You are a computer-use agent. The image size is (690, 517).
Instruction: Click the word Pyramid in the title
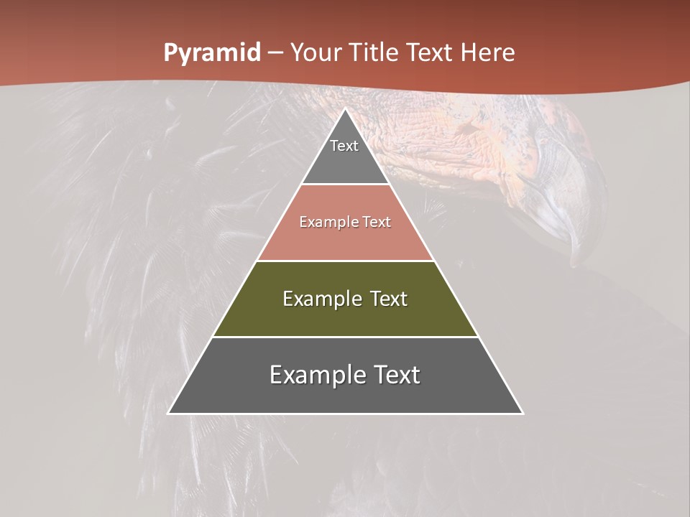pyautogui.click(x=212, y=53)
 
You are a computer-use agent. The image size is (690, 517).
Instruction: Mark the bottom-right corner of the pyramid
pyautogui.click(x=522, y=413)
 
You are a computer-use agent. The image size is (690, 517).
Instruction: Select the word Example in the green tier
pyautogui.click(x=321, y=299)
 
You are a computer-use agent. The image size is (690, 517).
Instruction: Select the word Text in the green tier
pyautogui.click(x=389, y=299)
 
